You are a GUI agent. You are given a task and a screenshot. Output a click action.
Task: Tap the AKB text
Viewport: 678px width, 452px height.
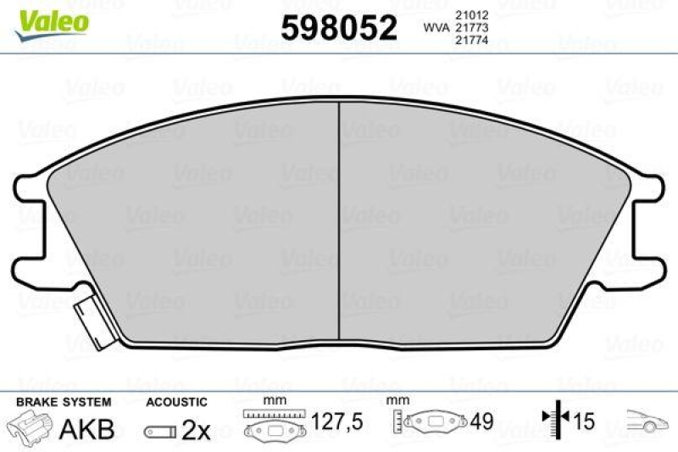pyautogui.click(x=87, y=428)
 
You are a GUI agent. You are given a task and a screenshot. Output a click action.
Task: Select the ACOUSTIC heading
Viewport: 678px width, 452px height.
pyautogui.click(x=176, y=401)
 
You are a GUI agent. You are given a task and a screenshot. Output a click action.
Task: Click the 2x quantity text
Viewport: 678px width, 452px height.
pyautogui.click(x=196, y=430)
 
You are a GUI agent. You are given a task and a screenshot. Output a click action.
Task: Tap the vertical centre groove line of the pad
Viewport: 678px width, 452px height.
pyautogui.click(x=339, y=220)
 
